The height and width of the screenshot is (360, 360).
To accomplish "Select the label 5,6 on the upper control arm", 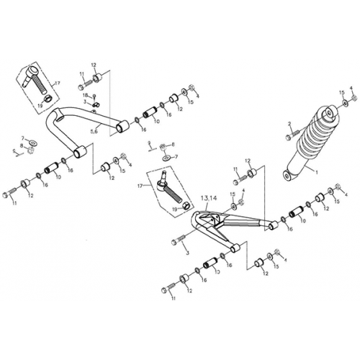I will (94, 132).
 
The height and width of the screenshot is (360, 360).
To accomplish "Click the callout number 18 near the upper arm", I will (84, 96).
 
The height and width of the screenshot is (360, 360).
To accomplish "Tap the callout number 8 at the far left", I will (22, 146).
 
